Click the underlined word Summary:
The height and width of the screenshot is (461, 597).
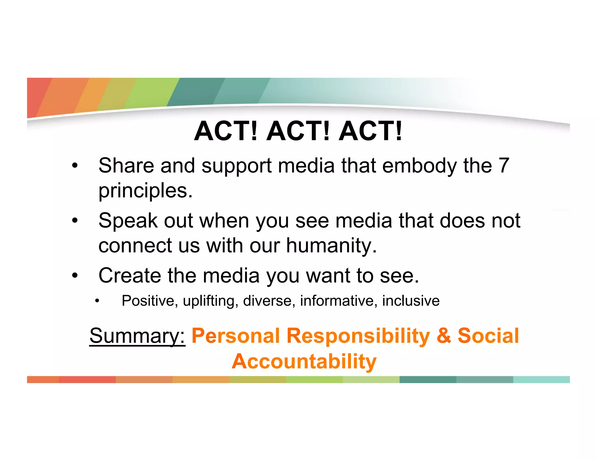[x=137, y=336]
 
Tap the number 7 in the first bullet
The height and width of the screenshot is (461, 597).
[x=504, y=166]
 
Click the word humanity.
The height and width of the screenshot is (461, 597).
[x=331, y=245]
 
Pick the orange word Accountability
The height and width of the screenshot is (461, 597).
[x=304, y=361]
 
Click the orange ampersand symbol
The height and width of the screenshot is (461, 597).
[x=444, y=336]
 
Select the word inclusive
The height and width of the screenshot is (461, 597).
[x=411, y=301]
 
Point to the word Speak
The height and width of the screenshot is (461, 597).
[x=128, y=221]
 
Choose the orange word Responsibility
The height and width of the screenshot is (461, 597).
[x=358, y=336]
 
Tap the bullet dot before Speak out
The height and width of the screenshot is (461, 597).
[x=75, y=221]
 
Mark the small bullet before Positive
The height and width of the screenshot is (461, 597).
[x=97, y=301]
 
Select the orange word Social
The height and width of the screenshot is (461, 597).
[x=488, y=336]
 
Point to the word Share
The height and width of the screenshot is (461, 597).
[x=126, y=166]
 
